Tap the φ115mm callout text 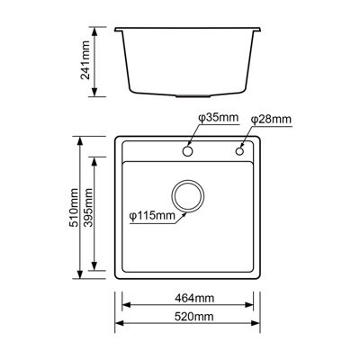pos(151,215)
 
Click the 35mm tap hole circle pos(189,152)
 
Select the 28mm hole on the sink pos(240,152)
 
